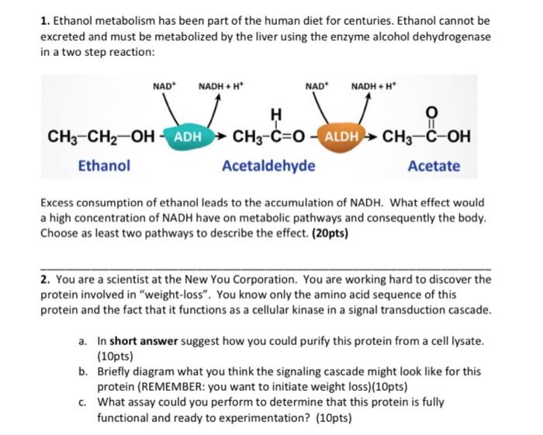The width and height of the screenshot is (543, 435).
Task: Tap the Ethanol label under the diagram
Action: coord(104,165)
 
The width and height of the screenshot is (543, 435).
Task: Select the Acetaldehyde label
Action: coord(268,165)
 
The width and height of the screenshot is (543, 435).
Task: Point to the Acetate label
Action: coord(433,165)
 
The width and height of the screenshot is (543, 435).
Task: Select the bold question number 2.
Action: coord(44,278)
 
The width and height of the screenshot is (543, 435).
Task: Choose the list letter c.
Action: coord(82,402)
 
